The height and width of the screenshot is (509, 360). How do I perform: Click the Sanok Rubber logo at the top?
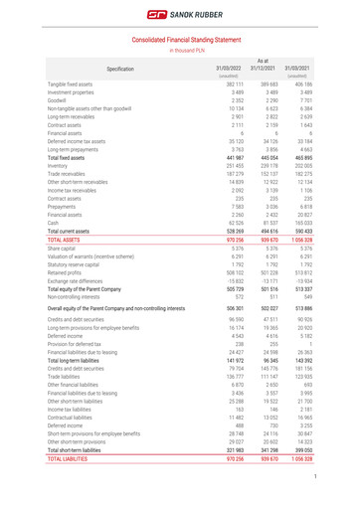[180, 14]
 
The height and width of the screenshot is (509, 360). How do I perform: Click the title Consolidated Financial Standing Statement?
[180, 38]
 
